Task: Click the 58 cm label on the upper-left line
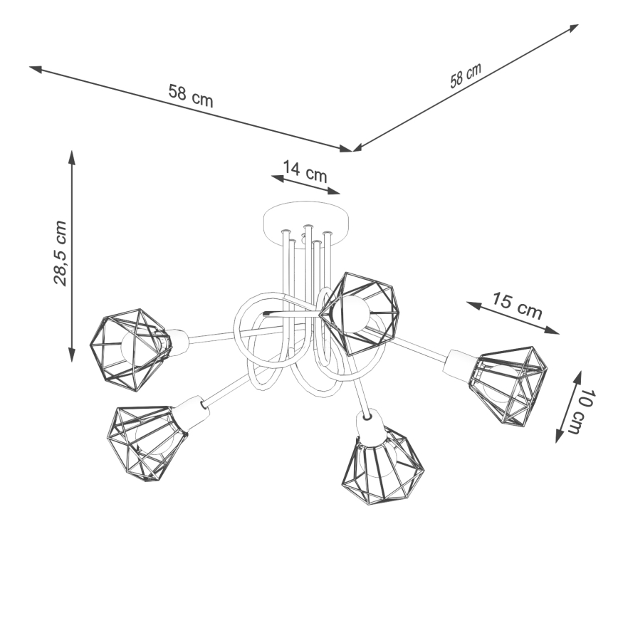[x=190, y=95]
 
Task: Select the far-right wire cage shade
[x=509, y=385]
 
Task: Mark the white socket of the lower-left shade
[x=192, y=412]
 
